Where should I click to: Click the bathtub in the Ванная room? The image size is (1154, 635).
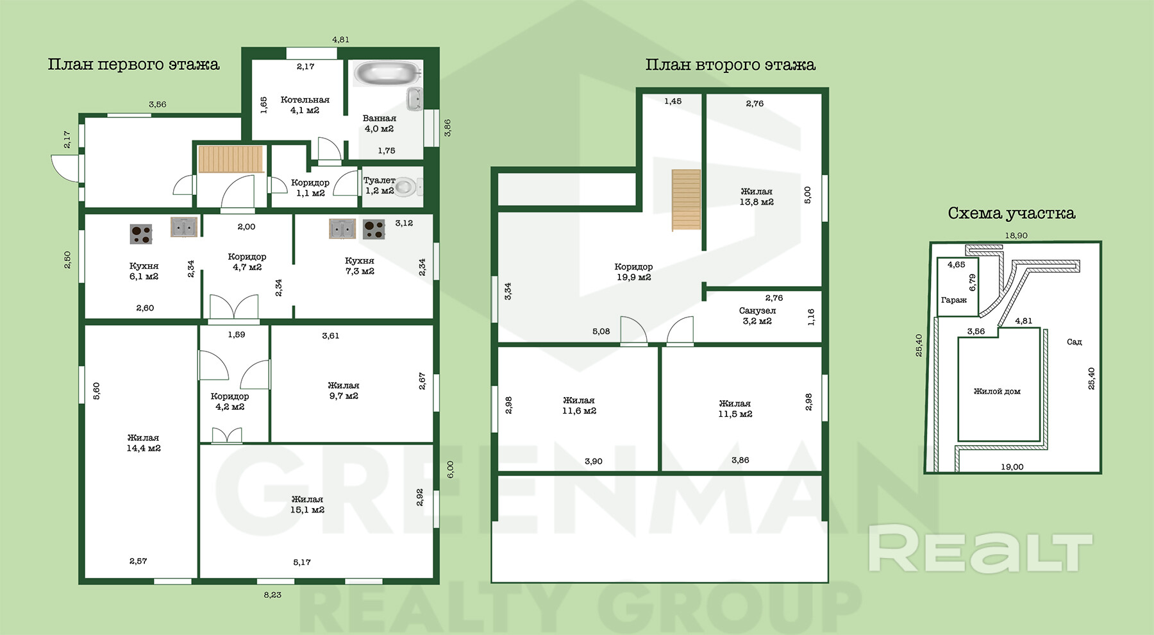click(x=386, y=73)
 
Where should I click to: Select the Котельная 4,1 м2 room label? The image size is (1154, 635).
click(x=305, y=105)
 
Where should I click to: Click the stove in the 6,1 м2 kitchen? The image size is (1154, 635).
click(x=141, y=234)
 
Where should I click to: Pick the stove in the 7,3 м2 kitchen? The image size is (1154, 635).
click(x=374, y=230)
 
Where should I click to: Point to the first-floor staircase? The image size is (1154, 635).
click(x=231, y=160)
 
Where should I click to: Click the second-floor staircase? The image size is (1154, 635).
click(x=686, y=200)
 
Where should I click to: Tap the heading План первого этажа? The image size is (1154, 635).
click(x=133, y=65)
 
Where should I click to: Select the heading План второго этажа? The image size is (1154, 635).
click(x=730, y=65)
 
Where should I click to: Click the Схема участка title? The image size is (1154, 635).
click(x=1012, y=214)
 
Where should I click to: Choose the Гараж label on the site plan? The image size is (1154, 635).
click(x=954, y=300)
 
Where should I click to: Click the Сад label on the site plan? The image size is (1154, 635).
click(x=1075, y=342)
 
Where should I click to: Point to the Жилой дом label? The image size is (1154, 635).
click(x=997, y=391)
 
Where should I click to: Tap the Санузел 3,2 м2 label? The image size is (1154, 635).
click(x=757, y=316)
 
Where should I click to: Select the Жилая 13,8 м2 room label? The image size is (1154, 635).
click(x=757, y=197)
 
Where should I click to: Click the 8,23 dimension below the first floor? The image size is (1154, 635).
click(x=272, y=595)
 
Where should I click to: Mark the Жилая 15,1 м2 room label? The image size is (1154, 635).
click(x=308, y=505)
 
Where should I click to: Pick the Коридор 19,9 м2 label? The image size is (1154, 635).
click(x=633, y=272)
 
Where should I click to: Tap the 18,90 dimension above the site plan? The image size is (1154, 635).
click(x=1016, y=235)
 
